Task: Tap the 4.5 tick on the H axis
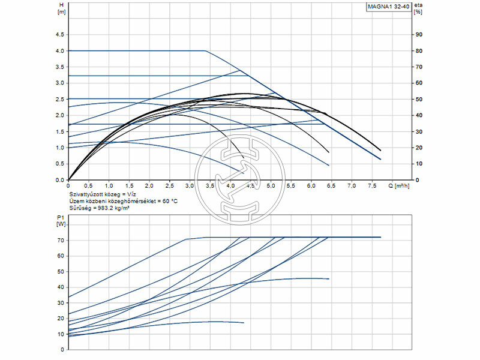(x=59, y=35)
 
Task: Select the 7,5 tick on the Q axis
(x=372, y=185)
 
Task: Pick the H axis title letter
(x=61, y=5)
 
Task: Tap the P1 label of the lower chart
(x=60, y=217)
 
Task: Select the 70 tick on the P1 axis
(x=61, y=240)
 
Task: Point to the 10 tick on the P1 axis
(x=61, y=334)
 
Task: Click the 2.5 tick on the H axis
(x=59, y=99)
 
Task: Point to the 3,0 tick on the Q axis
(x=190, y=185)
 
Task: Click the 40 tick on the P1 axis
(x=61, y=287)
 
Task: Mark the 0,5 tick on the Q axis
(x=88, y=185)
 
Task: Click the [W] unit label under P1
(x=61, y=224)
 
